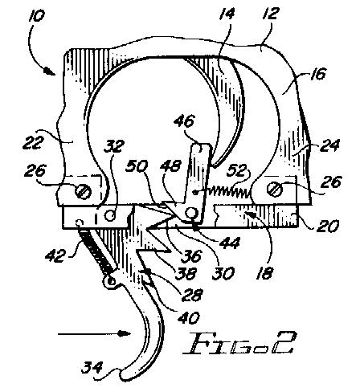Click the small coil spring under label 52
click(x=227, y=191)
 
